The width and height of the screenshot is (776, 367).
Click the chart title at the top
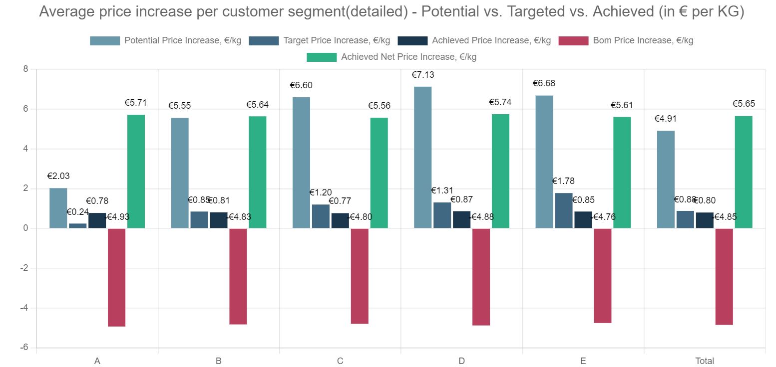(391, 12)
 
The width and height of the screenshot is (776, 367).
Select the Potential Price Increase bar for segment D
(422, 157)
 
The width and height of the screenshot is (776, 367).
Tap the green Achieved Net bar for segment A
(136, 172)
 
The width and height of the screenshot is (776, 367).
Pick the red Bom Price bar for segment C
(360, 276)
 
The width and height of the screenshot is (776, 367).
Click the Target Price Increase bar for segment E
(564, 210)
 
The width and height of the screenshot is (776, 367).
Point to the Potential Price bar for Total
(666, 180)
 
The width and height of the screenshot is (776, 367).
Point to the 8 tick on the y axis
(25, 69)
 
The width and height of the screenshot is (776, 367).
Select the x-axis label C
(340, 361)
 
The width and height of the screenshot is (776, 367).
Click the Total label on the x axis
(705, 361)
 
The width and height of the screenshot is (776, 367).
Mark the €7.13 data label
(422, 75)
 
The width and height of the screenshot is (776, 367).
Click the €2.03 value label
(58, 176)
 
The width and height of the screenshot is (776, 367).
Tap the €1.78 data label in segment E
(563, 181)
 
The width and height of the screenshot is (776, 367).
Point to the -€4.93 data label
(116, 217)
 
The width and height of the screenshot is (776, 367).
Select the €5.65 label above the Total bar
(744, 104)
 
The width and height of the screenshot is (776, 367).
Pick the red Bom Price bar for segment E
(603, 276)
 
